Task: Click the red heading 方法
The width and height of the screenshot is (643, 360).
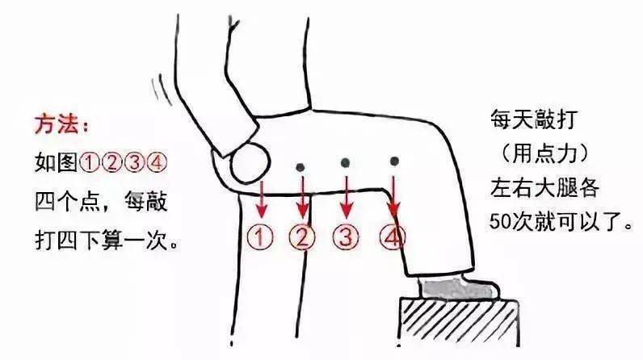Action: click(57, 124)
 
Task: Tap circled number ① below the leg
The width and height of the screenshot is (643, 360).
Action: click(260, 237)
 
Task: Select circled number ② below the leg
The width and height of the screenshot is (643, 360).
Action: click(302, 237)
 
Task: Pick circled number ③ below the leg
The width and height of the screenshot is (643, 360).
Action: click(346, 237)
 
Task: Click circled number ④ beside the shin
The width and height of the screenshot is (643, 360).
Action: click(393, 237)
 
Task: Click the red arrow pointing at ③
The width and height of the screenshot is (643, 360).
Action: click(347, 198)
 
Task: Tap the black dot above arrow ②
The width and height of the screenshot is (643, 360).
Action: click(300, 167)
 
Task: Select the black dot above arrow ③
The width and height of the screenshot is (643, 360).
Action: click(345, 163)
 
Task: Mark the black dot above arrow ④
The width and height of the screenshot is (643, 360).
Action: click(394, 161)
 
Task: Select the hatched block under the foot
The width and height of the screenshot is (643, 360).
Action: click(459, 322)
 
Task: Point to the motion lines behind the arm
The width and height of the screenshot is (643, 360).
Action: click(162, 90)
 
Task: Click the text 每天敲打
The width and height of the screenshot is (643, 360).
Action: click(534, 119)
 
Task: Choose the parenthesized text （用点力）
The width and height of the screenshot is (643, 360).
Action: click(544, 153)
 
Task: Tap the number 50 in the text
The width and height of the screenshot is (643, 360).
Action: click(500, 222)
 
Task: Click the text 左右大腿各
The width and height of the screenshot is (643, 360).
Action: click(544, 188)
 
